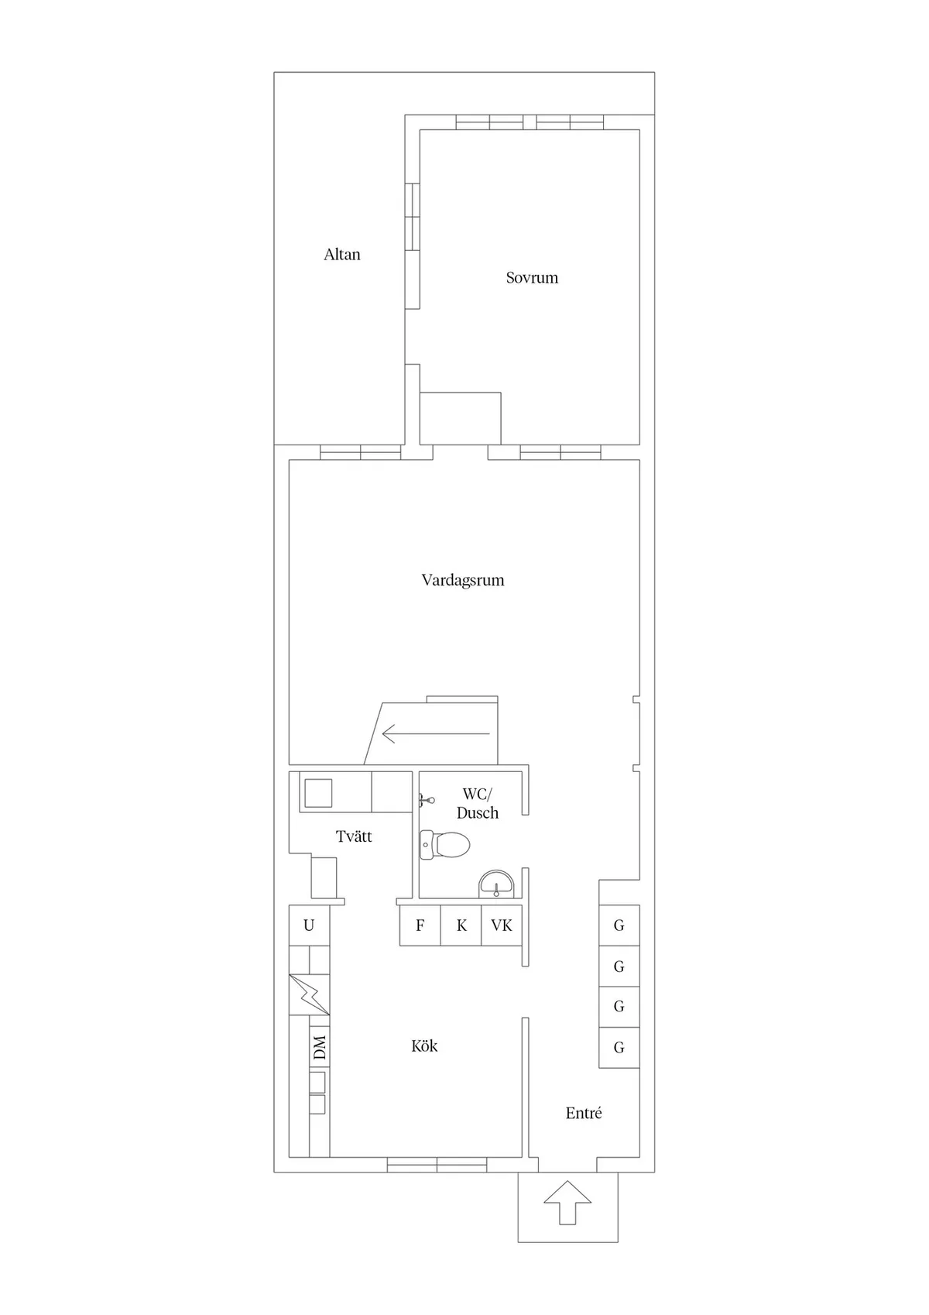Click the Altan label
point(341,254)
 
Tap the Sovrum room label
point(532,277)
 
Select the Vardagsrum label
point(462,580)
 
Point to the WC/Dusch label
point(477,803)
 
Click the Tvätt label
point(353,836)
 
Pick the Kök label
point(423,1045)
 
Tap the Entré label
point(584,1112)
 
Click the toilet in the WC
point(445,845)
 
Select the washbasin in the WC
point(496,884)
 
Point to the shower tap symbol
point(427,799)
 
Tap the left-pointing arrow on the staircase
point(435,734)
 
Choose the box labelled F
point(420,925)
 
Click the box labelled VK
point(501,925)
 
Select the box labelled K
point(461,925)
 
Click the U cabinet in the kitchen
point(309,925)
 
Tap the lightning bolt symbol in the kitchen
point(309,994)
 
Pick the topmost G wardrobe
point(619,925)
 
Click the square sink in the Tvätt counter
point(317,793)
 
